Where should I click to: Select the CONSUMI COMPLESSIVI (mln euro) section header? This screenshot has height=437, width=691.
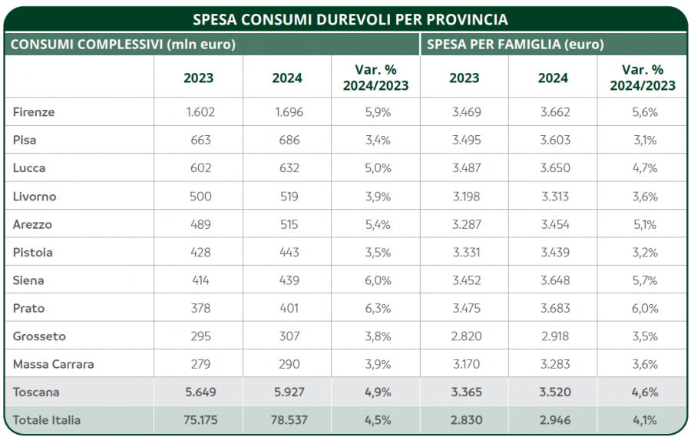(x=123, y=45)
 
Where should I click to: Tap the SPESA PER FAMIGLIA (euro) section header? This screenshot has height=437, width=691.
(x=515, y=45)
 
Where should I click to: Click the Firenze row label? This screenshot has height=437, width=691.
(x=34, y=112)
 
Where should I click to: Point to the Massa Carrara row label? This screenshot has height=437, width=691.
(x=53, y=364)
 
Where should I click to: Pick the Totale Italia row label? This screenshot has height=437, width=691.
(x=47, y=420)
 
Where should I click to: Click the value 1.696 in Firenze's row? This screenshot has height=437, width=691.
(x=289, y=112)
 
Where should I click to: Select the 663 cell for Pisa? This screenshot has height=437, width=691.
(x=200, y=141)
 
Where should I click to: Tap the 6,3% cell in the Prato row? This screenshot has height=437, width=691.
(x=378, y=308)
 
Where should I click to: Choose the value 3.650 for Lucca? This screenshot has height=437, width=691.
(x=553, y=168)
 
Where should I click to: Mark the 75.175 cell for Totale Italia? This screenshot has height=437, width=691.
(x=200, y=420)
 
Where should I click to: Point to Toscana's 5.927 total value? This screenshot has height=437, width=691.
(x=289, y=392)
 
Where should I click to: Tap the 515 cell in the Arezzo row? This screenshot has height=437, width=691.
(x=289, y=224)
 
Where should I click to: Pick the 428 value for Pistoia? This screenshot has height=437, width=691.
(x=200, y=252)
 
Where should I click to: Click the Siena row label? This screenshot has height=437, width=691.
(x=28, y=280)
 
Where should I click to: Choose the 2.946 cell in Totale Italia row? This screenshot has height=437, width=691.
(x=553, y=420)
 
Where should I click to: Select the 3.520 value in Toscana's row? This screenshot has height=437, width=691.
(x=553, y=392)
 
